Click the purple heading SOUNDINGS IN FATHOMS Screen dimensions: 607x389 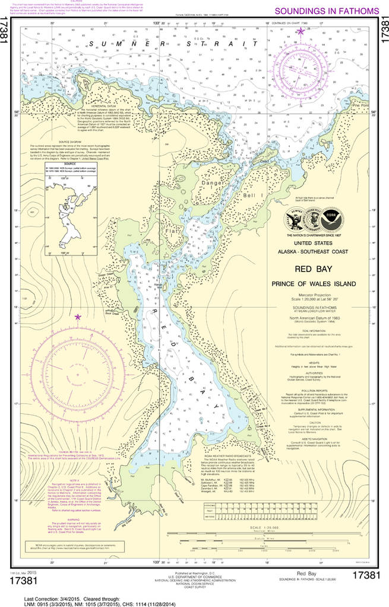[x=327, y=11]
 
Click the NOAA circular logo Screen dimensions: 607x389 [x=331, y=219]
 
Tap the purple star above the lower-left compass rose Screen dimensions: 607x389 [x=77, y=317]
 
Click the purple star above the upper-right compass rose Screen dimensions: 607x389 [x=301, y=31]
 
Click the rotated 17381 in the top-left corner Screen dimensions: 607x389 [x=6, y=29]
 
